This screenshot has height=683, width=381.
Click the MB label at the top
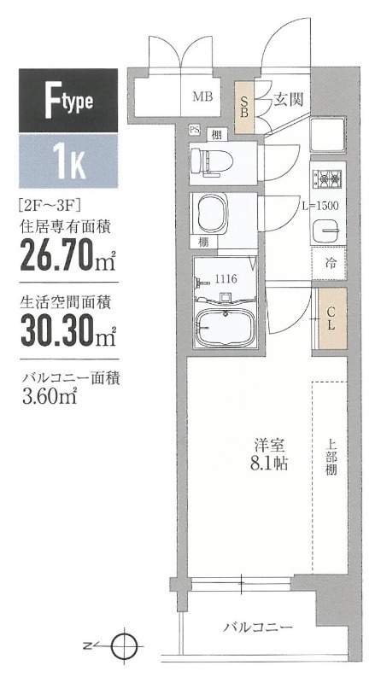click(202, 96)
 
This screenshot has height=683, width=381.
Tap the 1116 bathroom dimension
click(226, 277)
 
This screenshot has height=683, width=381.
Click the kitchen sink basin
click(328, 231)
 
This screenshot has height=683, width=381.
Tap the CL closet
click(331, 318)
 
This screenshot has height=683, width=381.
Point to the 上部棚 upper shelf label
click(331, 457)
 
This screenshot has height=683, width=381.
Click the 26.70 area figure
click(58, 256)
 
